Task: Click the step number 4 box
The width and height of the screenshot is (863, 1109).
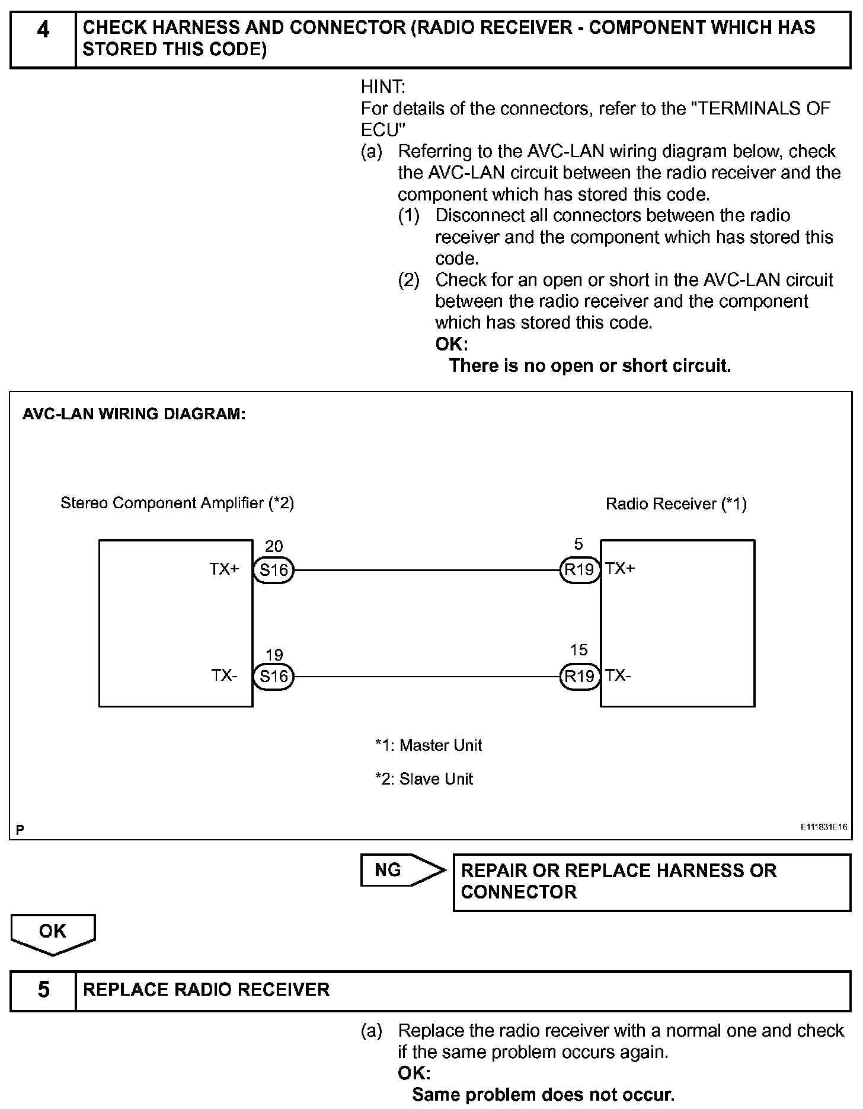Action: pyautogui.click(x=43, y=38)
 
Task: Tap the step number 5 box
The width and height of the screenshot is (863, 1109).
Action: pyautogui.click(x=43, y=990)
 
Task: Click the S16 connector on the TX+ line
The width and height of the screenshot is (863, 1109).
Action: pyautogui.click(x=274, y=570)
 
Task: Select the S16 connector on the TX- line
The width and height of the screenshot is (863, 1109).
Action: pyautogui.click(x=274, y=676)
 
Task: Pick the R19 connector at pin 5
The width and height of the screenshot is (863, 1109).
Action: pyautogui.click(x=580, y=570)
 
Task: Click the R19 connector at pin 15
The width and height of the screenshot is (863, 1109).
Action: pyautogui.click(x=580, y=676)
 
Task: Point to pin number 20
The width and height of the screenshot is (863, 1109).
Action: pyautogui.click(x=274, y=546)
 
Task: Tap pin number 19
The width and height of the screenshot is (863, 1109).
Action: pyautogui.click(x=274, y=655)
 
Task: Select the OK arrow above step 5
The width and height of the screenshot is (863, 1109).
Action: pyautogui.click(x=53, y=932)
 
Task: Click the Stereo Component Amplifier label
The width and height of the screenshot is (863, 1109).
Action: pyautogui.click(x=177, y=503)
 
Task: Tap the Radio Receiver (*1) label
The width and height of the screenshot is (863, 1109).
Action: pyautogui.click(x=676, y=504)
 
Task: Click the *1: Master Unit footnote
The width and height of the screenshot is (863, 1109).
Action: pyautogui.click(x=429, y=745)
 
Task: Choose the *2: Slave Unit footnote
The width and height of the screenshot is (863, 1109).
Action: pyautogui.click(x=424, y=779)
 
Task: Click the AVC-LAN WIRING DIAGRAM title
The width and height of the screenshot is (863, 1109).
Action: pyautogui.click(x=134, y=414)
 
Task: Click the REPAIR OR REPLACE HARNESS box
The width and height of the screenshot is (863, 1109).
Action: pyautogui.click(x=651, y=881)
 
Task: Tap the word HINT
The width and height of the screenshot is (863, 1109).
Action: pyautogui.click(x=383, y=87)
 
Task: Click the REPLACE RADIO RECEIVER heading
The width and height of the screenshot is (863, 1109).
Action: pyautogui.click(x=206, y=990)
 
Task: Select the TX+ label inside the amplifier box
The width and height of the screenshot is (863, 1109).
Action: pyautogui.click(x=224, y=569)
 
